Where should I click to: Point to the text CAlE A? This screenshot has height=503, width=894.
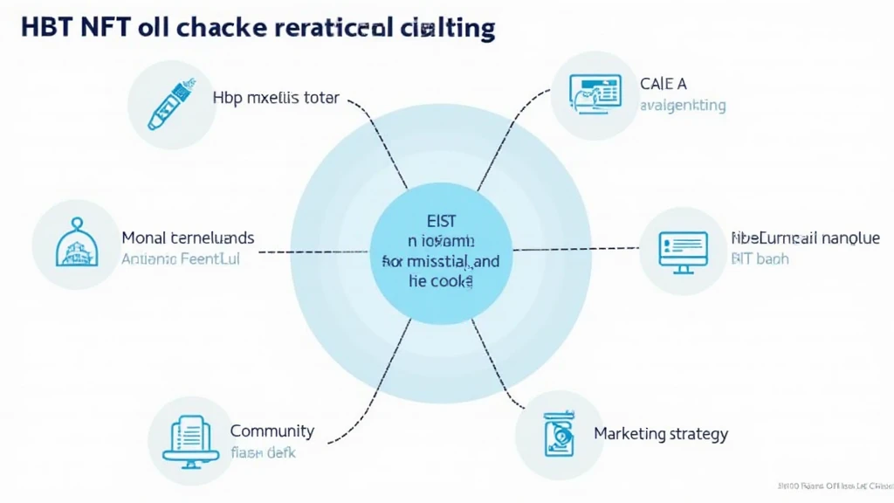(664, 84)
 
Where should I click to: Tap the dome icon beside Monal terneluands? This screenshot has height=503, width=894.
(75, 245)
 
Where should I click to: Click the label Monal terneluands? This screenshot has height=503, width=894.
(188, 238)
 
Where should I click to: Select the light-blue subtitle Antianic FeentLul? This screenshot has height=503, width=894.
(180, 258)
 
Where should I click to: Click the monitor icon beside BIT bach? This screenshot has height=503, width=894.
(683, 250)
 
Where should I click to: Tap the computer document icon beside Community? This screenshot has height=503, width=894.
(191, 438)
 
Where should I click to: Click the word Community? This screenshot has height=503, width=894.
(272, 431)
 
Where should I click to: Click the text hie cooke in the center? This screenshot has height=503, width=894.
(441, 281)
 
